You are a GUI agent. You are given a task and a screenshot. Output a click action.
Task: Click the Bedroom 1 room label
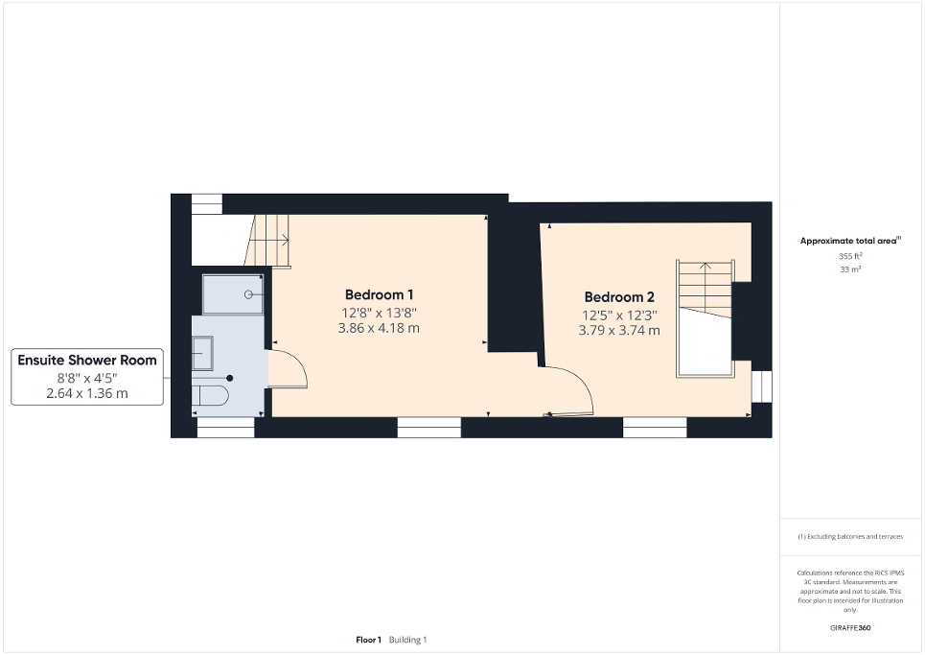click(x=379, y=294)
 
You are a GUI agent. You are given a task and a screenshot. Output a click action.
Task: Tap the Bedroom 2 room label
click(x=618, y=296)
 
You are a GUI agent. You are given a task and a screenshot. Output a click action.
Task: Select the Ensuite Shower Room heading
click(x=86, y=361)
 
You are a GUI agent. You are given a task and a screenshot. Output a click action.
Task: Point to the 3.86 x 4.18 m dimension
click(x=379, y=328)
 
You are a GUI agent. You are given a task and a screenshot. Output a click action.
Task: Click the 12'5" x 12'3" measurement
click(x=618, y=315)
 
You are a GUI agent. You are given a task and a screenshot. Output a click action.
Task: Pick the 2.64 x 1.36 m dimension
click(x=86, y=393)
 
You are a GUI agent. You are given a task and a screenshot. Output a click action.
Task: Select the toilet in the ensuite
click(x=210, y=396)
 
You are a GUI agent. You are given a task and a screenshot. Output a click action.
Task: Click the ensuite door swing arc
click(x=288, y=369)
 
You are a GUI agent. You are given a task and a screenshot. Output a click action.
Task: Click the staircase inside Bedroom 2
click(x=705, y=316)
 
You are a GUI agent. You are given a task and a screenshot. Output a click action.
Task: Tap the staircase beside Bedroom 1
click(x=268, y=240)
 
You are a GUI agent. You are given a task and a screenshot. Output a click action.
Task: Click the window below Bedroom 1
click(x=428, y=428)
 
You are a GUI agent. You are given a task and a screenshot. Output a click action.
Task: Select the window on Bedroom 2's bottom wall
click(x=655, y=428)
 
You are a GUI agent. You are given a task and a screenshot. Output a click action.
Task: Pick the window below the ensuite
click(x=225, y=428)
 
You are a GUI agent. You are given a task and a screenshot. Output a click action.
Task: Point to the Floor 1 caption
click(x=368, y=640)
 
